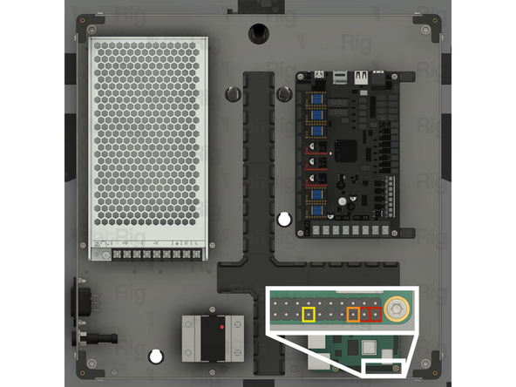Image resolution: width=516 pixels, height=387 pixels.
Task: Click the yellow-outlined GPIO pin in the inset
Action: [308, 314]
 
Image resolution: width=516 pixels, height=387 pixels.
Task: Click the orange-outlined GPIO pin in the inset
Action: [353, 314]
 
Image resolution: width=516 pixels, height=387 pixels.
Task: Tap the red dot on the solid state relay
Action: [222, 327]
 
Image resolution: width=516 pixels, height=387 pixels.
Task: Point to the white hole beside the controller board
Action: [283, 219]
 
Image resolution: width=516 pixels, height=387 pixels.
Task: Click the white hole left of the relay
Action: [156, 356]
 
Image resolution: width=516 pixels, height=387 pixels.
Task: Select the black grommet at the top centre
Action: [258, 31]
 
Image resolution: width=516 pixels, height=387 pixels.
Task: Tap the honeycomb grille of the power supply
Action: [146, 139]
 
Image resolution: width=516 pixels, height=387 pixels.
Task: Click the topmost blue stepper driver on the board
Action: [317, 94]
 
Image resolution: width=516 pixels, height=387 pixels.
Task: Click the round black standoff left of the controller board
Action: [233, 94]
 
